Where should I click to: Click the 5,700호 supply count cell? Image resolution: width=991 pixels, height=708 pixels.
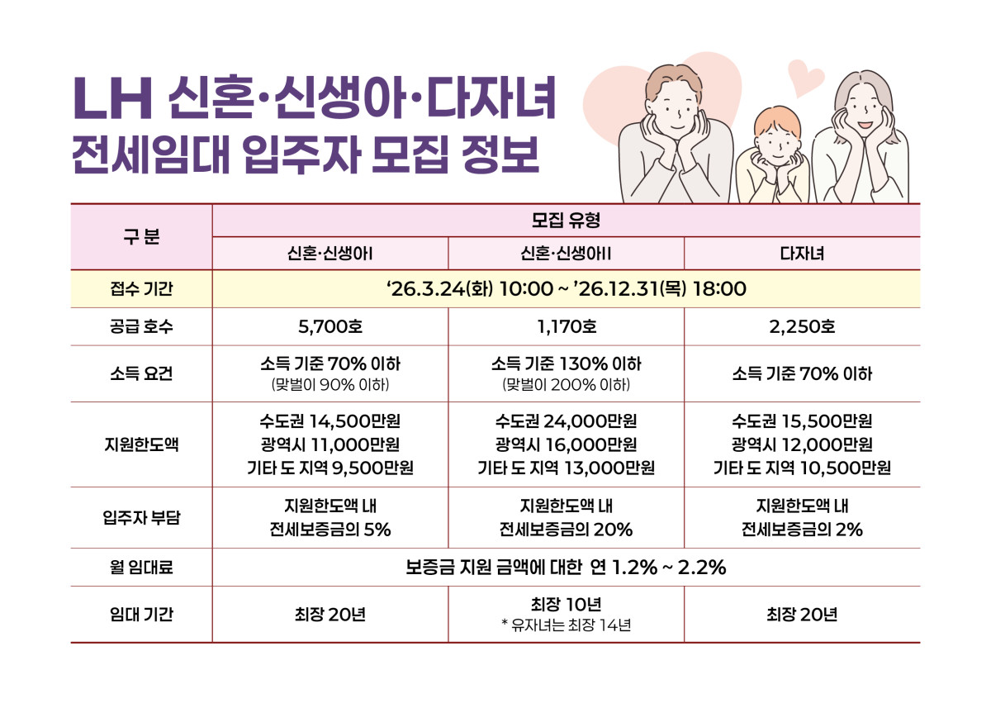[330, 327]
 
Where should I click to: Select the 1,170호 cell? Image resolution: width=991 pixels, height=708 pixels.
[566, 327]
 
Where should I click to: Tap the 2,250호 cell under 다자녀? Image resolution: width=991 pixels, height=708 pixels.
[802, 327]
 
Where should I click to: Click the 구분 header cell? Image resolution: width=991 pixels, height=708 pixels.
[141, 237]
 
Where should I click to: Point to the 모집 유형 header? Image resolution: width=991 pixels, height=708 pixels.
[566, 221]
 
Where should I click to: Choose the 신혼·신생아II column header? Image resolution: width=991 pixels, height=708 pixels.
[566, 254]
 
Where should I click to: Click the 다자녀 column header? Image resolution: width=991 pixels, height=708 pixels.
[802, 254]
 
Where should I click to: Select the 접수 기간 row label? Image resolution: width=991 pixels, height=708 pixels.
[141, 289]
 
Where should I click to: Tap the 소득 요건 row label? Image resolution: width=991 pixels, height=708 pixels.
[141, 373]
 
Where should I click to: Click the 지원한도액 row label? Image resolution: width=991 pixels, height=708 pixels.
[141, 444]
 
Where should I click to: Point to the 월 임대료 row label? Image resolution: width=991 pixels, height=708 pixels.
[141, 568]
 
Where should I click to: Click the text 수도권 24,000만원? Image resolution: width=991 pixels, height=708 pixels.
[566, 421]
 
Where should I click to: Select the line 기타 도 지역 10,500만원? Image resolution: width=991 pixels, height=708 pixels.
[802, 468]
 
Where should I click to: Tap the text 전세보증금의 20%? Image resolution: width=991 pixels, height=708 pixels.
[566, 530]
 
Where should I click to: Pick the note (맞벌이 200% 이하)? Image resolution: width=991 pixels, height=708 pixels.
[566, 385]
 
